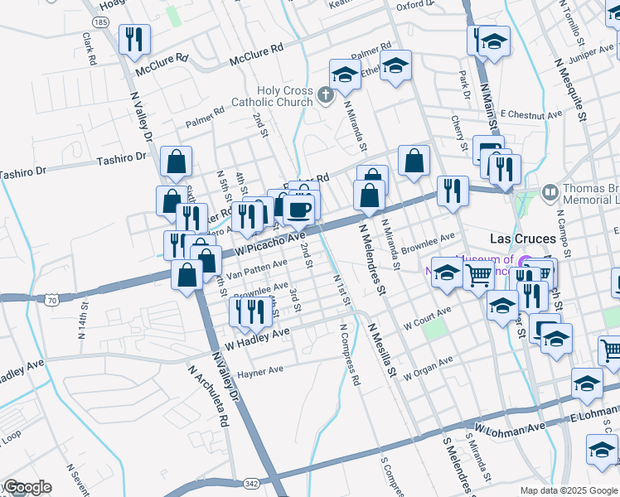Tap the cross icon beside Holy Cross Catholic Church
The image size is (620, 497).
pyautogui.click(x=326, y=96)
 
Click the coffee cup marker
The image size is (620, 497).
pyautogui.click(x=299, y=209)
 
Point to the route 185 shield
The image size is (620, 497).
pyautogui.click(x=100, y=22)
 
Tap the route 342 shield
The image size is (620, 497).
pyautogui.click(x=251, y=482)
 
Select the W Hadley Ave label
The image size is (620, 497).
pyautogui.click(x=258, y=337)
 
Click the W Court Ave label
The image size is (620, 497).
pyautogui.click(x=427, y=317)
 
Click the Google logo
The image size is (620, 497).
pyautogui.click(x=27, y=487)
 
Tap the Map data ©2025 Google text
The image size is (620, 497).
pyautogui.click(x=568, y=490)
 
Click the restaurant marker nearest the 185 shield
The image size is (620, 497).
pyautogui.click(x=133, y=39)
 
